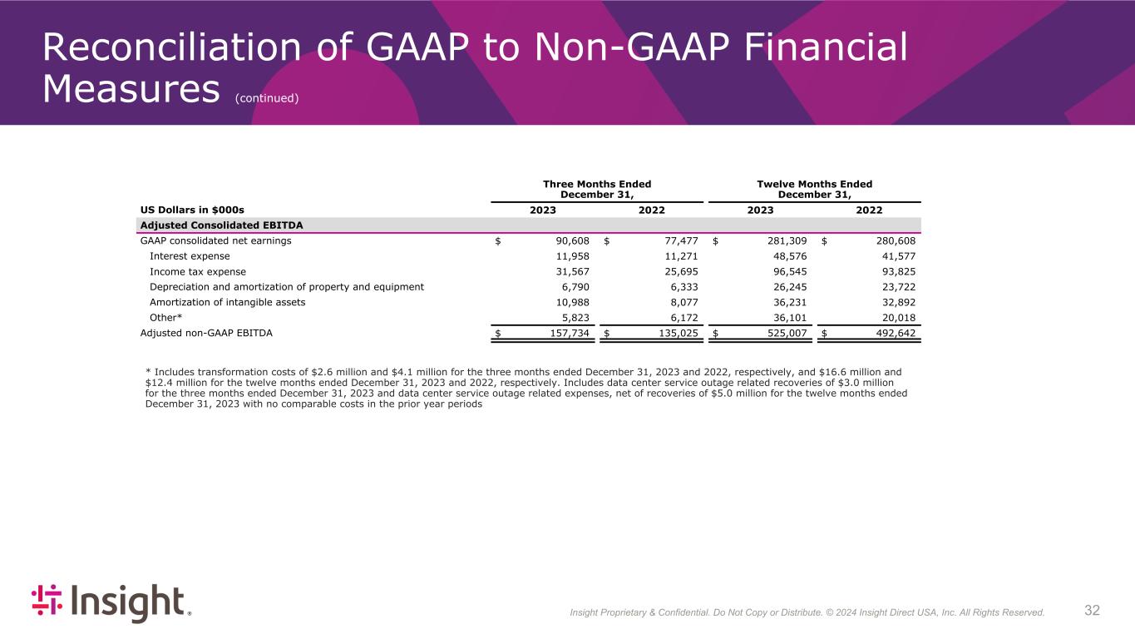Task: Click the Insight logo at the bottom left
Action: [111, 602]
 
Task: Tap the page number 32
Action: [1092, 611]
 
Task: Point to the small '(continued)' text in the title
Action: [266, 98]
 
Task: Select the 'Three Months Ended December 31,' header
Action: [596, 189]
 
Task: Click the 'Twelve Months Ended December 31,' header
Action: [814, 189]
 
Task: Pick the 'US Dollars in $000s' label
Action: [191, 211]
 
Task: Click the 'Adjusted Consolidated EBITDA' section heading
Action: [221, 225]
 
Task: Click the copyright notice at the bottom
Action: [807, 612]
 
